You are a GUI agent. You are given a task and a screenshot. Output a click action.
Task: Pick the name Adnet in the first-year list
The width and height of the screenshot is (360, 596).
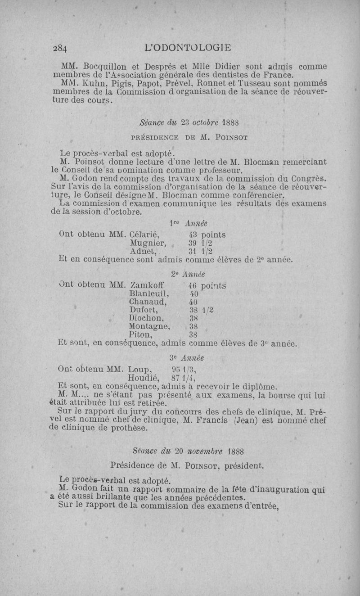point(143,251)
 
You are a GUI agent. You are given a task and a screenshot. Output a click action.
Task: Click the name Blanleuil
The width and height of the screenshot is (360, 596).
point(148,293)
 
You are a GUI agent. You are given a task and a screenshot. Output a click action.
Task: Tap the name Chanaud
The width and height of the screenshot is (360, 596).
point(148,302)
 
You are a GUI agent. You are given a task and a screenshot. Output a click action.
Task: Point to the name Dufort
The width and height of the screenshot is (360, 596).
point(143,310)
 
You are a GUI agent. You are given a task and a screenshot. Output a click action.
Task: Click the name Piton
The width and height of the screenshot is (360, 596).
point(140,334)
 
